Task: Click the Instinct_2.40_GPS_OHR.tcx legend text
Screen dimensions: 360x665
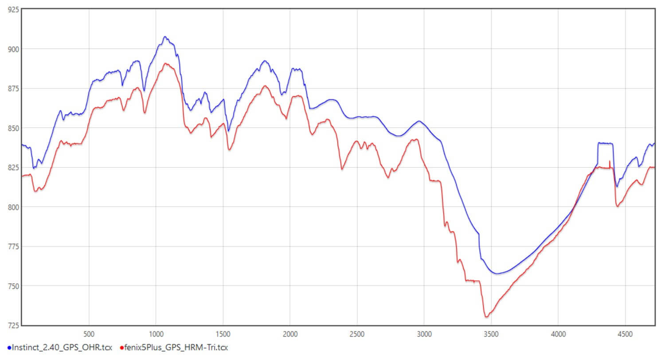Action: click(62, 347)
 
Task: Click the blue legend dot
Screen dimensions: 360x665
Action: click(9, 348)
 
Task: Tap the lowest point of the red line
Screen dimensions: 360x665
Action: click(486, 317)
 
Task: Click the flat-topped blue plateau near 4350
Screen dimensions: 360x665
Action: click(605, 143)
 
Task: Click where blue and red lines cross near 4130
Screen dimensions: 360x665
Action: click(575, 205)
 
